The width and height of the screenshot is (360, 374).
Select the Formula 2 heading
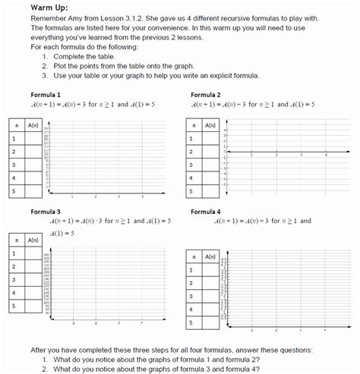point(207,94)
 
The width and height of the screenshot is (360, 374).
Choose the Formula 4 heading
point(207,212)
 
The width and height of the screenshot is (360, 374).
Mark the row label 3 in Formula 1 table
point(13,165)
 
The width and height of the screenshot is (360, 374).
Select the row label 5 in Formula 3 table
point(13,306)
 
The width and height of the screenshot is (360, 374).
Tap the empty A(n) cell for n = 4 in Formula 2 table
point(214,178)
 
